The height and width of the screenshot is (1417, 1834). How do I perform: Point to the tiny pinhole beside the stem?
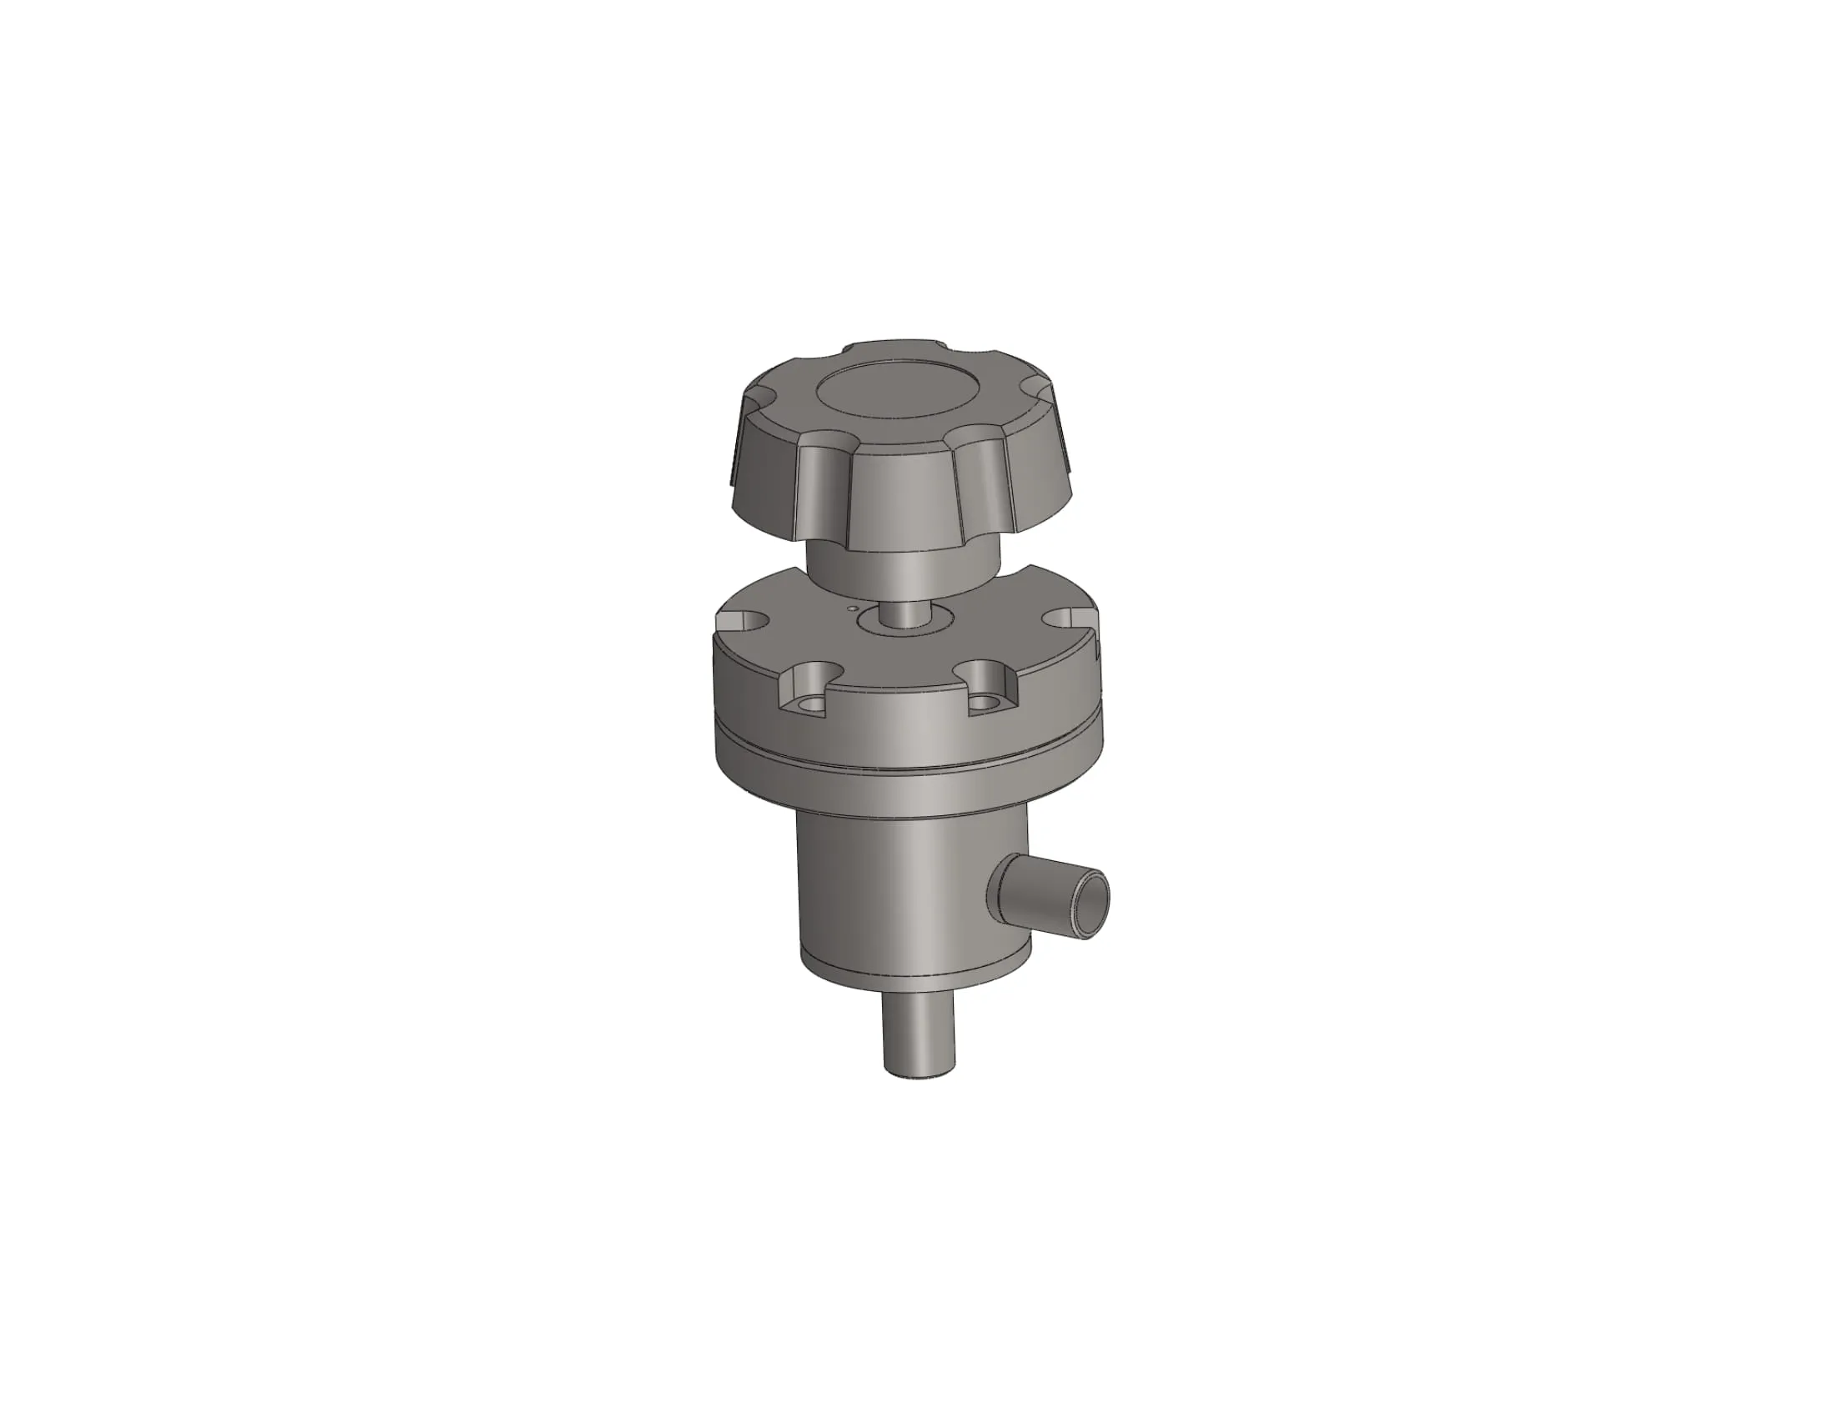pos(852,608)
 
